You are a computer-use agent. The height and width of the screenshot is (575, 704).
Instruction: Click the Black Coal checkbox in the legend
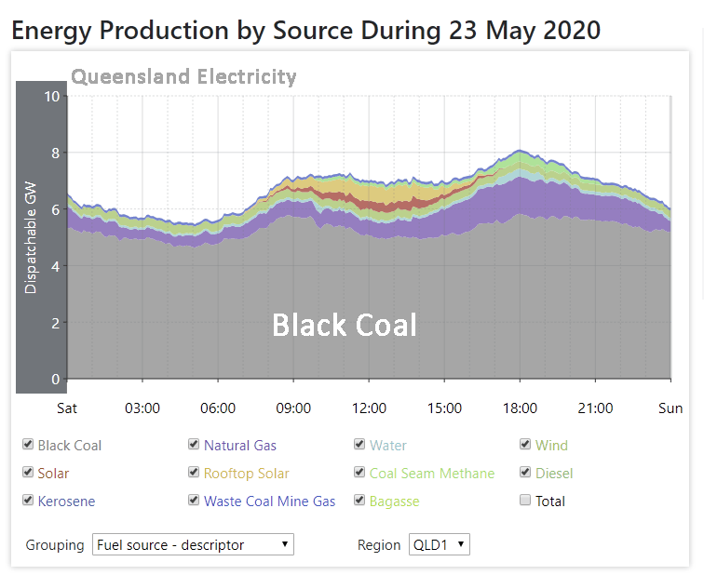coord(29,445)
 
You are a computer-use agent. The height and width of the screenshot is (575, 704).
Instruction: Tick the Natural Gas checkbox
coord(194,445)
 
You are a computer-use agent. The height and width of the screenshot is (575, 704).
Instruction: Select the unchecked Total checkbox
coord(525,501)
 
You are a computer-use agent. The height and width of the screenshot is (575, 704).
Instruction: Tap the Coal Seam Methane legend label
coord(431,474)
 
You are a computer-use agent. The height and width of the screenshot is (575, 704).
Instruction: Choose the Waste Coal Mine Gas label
coord(269,501)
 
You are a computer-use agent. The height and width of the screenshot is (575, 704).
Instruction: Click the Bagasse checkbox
coord(359,501)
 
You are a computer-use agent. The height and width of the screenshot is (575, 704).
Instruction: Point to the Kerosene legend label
coord(66,501)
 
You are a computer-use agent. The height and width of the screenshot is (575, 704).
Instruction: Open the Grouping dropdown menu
coord(193,544)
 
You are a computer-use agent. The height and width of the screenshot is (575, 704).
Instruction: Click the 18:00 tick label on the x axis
coord(520,408)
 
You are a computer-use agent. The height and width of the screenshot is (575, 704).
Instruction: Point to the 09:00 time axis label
coord(293,408)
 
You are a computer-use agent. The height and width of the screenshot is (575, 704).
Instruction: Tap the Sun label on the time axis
coord(670,408)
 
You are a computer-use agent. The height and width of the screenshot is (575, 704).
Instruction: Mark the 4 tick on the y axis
coord(55,266)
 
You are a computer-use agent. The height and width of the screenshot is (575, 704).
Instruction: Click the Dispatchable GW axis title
coord(32,238)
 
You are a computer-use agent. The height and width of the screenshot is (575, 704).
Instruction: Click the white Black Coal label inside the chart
coord(344,325)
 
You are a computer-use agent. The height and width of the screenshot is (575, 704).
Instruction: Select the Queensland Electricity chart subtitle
coord(183,76)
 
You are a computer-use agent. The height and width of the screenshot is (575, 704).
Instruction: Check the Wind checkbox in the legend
coord(525,445)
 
